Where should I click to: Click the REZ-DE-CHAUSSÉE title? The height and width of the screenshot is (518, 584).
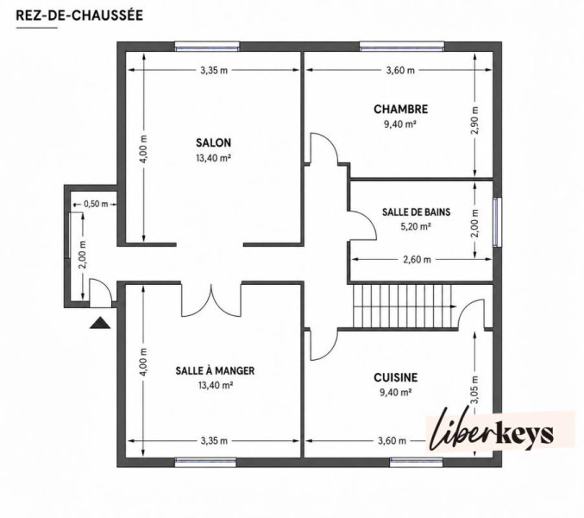click(x=79, y=16)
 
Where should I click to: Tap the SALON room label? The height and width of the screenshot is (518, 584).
click(x=213, y=142)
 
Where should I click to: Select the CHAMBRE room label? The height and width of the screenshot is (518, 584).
click(x=401, y=109)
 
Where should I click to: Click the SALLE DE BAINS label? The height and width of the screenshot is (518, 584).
click(x=416, y=212)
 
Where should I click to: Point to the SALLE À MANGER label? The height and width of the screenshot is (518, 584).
click(x=216, y=370)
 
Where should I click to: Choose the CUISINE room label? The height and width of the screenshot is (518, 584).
click(x=396, y=377)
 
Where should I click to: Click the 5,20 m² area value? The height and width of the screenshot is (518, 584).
click(x=416, y=226)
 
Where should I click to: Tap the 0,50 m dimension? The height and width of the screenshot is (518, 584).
click(x=96, y=204)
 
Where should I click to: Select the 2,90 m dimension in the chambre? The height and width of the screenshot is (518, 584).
click(x=474, y=120)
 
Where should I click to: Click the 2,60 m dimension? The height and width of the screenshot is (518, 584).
click(x=417, y=259)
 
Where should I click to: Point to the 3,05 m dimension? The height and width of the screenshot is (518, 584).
click(x=474, y=390)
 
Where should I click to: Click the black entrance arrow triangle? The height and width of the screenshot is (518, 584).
click(x=100, y=323)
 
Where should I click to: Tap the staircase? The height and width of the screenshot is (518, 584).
click(x=404, y=306)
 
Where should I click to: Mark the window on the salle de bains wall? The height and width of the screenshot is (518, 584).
click(x=497, y=222)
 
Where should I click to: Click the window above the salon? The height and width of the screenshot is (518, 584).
click(x=207, y=47)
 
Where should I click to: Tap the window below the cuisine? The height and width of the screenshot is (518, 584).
click(x=417, y=463)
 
